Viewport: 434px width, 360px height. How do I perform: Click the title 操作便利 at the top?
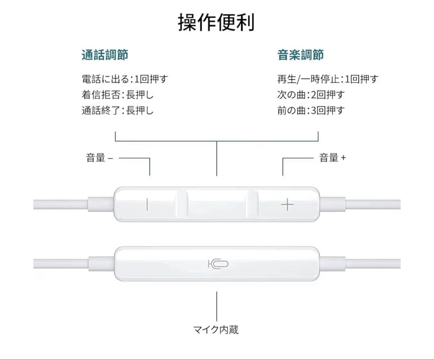216,22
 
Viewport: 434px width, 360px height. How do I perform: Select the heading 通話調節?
105,55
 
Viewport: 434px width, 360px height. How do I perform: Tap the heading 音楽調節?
301,55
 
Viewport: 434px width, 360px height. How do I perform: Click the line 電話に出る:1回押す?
125,79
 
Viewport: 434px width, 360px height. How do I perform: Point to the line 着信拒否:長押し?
118,95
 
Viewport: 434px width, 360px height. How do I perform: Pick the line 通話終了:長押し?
118,110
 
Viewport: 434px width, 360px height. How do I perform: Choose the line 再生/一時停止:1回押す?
328,79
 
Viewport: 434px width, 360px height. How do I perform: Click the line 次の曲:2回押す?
311,95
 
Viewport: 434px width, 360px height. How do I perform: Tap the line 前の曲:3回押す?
311,110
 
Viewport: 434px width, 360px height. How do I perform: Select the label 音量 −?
99,158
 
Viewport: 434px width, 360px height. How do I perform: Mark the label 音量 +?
332,158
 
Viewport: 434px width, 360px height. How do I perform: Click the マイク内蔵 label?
216,329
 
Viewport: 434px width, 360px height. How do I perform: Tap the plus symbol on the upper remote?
287,205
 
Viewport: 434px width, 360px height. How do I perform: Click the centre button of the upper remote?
217,204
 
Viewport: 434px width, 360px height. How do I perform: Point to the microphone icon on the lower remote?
218,264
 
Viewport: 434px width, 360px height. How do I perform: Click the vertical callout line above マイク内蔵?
217,306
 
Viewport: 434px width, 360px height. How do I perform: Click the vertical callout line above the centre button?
217,159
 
